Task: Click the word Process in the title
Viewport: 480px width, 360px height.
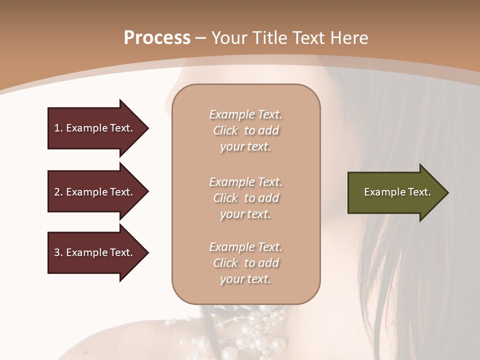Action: point(157,38)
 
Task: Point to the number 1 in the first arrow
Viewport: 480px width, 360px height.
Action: point(57,128)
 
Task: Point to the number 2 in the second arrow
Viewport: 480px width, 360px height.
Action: point(57,192)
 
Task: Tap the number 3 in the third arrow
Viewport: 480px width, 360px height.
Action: point(57,252)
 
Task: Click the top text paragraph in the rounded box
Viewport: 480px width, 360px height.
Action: point(245,130)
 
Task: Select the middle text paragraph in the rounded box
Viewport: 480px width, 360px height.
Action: point(245,197)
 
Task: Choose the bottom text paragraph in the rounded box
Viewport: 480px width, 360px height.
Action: point(245,263)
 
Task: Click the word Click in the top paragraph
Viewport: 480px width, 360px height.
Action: point(225,130)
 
